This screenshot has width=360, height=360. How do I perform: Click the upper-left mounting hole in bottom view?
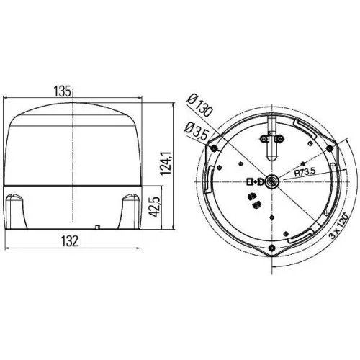tap(214, 148)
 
